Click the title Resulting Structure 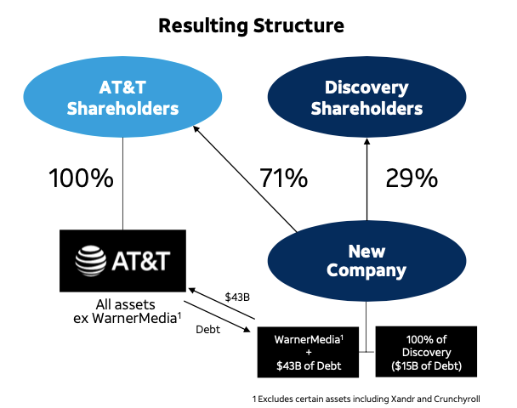(251, 25)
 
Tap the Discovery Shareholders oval (366, 98)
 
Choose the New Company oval (366, 261)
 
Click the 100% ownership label (81, 179)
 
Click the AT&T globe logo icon (91, 260)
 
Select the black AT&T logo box (122, 260)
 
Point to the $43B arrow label (237, 297)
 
